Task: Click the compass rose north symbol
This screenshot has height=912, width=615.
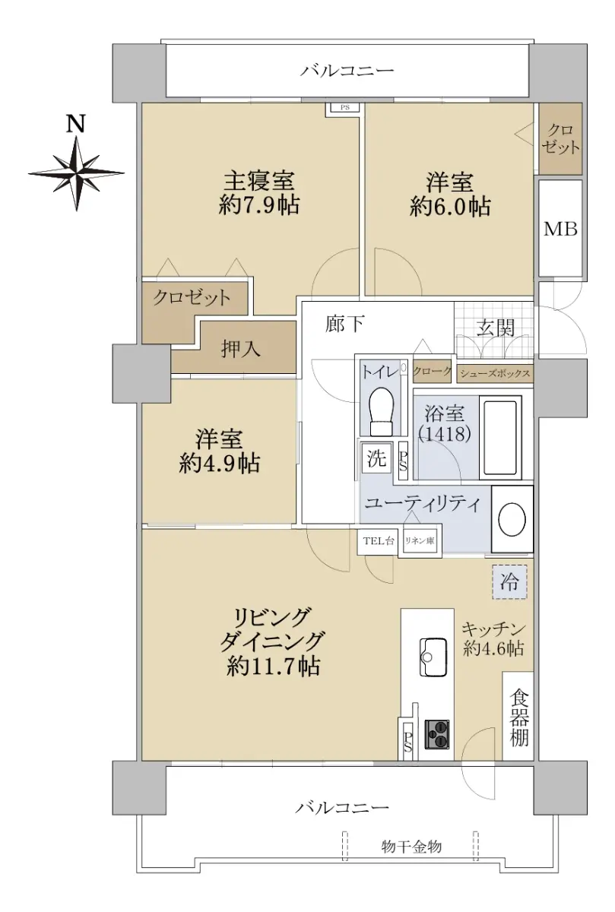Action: coord(77,173)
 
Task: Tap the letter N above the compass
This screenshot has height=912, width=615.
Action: coord(76,124)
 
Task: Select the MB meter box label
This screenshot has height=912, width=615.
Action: coord(560,230)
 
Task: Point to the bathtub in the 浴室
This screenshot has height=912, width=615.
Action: coord(500,438)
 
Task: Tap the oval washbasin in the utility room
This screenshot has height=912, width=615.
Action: coord(512,520)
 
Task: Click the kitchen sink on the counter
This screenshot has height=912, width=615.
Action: coord(434,657)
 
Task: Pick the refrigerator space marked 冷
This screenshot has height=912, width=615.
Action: coord(509,582)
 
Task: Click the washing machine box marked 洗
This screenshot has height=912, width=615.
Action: coord(376,458)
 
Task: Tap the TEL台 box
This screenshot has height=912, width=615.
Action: coord(378,540)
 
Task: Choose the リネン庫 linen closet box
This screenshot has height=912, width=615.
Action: coord(420,540)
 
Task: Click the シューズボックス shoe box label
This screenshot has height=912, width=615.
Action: coord(495,373)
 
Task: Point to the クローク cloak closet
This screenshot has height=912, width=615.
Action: coord(432,372)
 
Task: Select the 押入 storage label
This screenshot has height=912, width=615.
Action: coord(241,349)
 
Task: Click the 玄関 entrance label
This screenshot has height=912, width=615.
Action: coord(496,328)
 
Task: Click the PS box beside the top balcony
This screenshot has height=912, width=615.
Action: coord(344,109)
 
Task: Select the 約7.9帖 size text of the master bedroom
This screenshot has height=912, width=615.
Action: coord(259,205)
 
